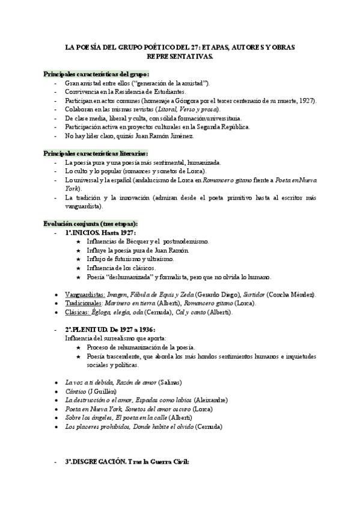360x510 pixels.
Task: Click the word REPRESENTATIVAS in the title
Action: [179, 56]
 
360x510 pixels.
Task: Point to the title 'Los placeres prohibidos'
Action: [97, 426]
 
